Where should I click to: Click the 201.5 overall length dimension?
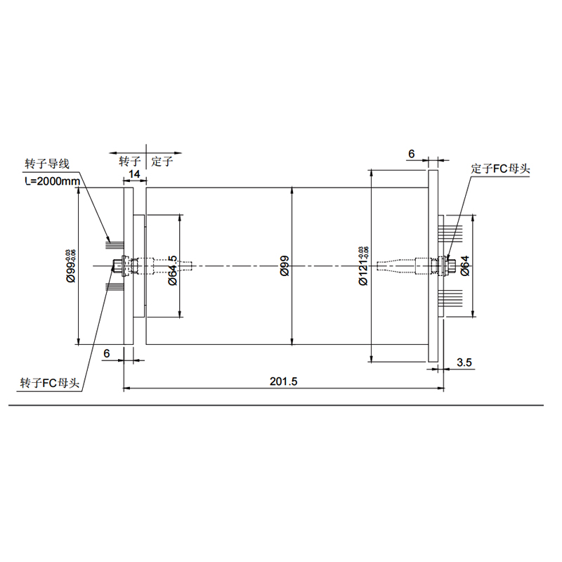[284, 381]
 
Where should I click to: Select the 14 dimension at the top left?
[134, 174]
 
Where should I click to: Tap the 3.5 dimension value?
[464, 362]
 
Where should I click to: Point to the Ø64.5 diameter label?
[173, 270]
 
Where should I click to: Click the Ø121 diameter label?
[363, 266]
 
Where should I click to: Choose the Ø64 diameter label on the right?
[465, 266]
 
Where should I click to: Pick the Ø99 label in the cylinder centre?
[285, 266]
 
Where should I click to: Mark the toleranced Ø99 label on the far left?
[71, 266]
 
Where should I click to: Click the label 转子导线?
[47, 164]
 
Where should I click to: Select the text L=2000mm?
[53, 181]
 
